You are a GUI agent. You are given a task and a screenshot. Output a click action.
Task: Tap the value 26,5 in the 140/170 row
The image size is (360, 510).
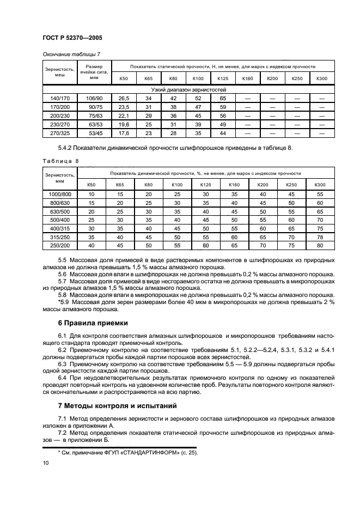tap(123, 98)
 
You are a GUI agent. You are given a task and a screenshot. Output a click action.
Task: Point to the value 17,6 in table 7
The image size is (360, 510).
tap(123, 132)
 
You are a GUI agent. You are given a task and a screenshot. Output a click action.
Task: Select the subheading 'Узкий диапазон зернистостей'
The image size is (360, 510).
tap(188, 89)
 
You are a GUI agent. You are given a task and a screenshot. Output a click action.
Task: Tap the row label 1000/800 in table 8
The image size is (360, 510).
tap(60, 194)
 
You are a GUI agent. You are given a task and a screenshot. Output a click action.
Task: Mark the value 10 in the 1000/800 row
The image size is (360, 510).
tap(91, 194)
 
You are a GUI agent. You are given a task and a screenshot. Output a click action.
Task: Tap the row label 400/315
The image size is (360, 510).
tap(60, 229)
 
